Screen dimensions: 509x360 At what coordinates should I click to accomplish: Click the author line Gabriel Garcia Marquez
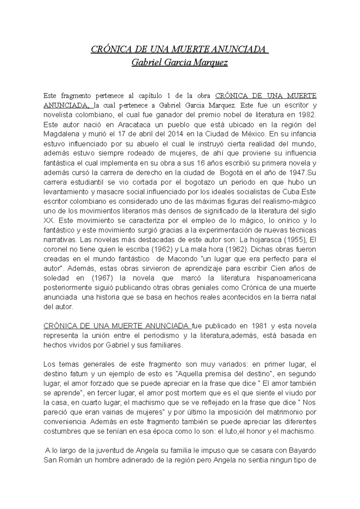coord(180,63)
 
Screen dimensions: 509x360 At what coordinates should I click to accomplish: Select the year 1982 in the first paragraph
coord(307,115)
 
